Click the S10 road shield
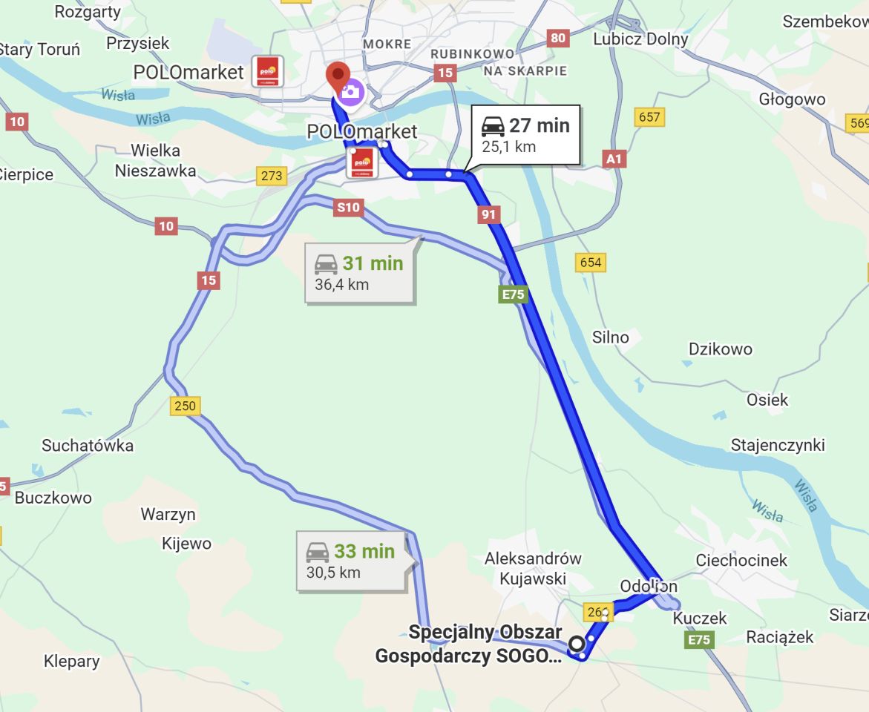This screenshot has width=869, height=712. point(348,208)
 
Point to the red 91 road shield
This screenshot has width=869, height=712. point(488,215)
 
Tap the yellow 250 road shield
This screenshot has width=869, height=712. point(186,406)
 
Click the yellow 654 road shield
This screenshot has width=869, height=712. point(591,262)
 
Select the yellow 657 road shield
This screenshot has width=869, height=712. point(649,116)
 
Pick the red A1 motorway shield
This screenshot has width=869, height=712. point(615,158)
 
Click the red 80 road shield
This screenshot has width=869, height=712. point(558,37)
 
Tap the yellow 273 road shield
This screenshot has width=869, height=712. point(272,176)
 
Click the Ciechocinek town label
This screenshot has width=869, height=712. point(741,560)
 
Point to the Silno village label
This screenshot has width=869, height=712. point(610,337)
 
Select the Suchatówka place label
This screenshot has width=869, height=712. point(88,446)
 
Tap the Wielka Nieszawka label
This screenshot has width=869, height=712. point(156,161)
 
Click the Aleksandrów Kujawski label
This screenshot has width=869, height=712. point(533,568)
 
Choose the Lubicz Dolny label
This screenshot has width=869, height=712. point(640,39)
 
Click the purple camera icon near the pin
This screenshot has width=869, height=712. point(350,91)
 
